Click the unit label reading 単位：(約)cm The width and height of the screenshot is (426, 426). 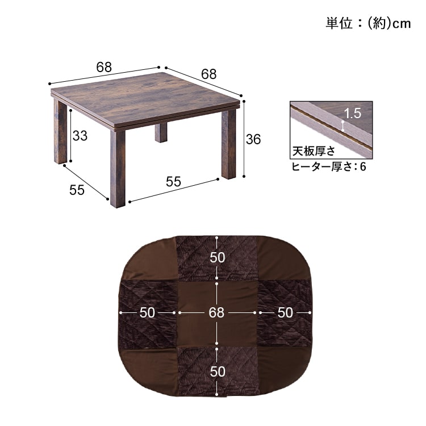[367, 23]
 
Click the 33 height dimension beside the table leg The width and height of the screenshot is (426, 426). [80, 136]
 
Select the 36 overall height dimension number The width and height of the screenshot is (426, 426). [253, 139]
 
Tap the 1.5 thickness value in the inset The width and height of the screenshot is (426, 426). [353, 112]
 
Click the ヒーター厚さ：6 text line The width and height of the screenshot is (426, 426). [328, 166]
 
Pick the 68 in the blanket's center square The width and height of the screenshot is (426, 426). [217, 312]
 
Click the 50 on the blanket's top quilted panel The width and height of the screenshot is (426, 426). [217, 257]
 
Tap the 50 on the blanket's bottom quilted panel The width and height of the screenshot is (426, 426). [217, 371]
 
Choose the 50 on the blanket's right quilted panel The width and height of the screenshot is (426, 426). [285, 312]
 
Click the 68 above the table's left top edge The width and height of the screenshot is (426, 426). [103, 66]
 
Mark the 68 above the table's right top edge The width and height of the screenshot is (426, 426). [208, 74]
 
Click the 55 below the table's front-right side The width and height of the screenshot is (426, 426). [173, 182]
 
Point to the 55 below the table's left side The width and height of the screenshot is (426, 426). [77, 190]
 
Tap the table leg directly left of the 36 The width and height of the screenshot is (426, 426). [228, 145]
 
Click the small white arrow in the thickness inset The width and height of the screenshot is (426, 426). [343, 126]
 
